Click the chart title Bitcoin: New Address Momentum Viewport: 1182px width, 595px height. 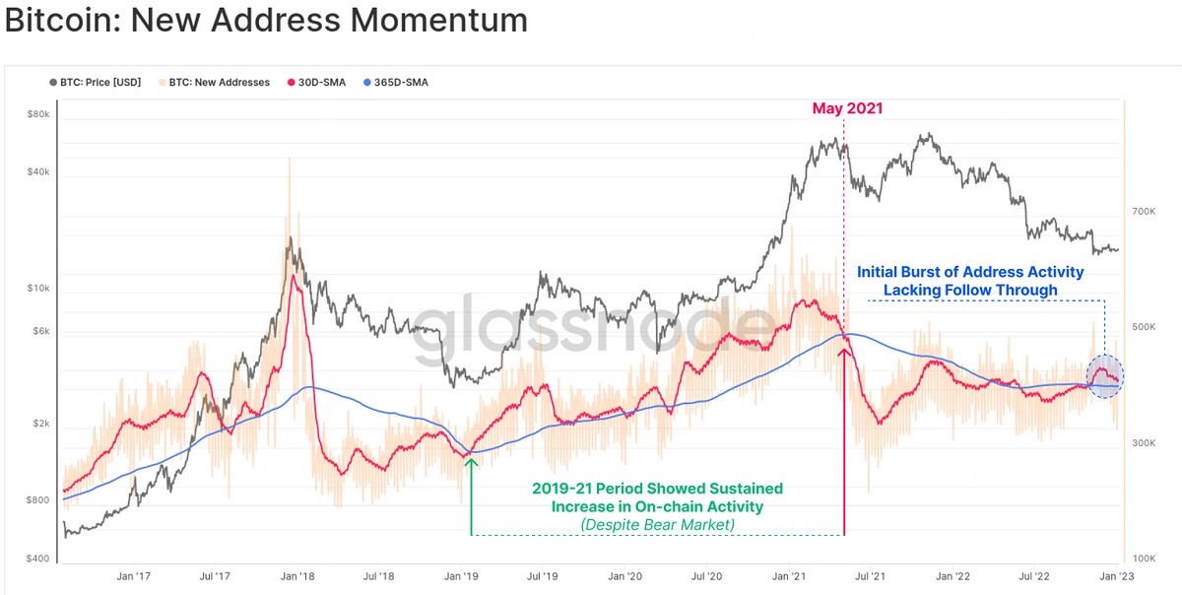click(267, 20)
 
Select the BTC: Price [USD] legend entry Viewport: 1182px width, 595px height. click(96, 83)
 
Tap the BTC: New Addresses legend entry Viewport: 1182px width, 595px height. click(215, 83)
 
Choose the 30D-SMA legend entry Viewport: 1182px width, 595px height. click(316, 83)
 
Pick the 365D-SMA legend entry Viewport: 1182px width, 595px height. click(396, 83)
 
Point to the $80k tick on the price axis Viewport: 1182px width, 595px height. click(38, 114)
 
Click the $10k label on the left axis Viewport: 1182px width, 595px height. click(38, 289)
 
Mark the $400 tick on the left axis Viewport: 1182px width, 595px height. click(37, 558)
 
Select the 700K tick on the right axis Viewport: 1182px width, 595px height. click(1144, 212)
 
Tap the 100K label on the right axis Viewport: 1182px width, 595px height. click(1144, 559)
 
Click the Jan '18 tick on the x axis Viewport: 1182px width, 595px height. click(297, 576)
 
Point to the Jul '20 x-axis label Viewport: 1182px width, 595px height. click(706, 576)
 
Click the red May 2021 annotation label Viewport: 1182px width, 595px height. click(847, 108)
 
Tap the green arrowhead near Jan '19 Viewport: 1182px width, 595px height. click(471, 463)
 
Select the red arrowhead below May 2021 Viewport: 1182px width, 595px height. click(844, 352)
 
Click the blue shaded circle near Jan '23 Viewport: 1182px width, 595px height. click(1105, 376)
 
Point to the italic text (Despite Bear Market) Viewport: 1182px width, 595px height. click(658, 525)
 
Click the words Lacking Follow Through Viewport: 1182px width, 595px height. click(970, 290)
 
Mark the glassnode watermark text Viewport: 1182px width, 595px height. click(595, 329)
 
